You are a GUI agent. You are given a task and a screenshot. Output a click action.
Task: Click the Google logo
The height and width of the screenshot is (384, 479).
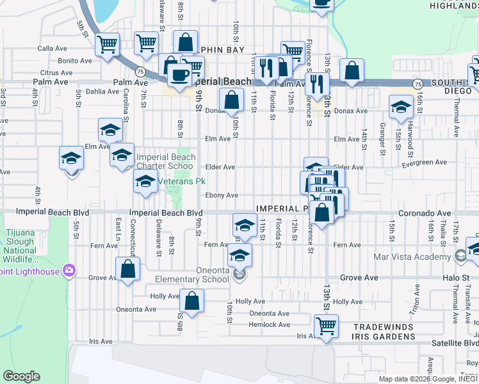(x=21, y=376)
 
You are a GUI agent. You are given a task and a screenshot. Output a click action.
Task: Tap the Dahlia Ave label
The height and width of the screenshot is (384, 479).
(x=102, y=92)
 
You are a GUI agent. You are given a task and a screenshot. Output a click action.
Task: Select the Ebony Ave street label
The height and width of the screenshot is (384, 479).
(x=222, y=195)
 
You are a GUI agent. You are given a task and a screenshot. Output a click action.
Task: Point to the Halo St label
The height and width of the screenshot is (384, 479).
(x=457, y=278)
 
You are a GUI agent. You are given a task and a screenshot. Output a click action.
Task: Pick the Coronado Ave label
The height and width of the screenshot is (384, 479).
(x=421, y=212)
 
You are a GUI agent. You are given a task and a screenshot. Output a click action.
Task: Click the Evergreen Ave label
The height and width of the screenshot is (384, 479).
(x=424, y=163)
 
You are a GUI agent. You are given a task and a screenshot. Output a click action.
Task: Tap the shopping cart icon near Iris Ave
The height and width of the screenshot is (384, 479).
(x=326, y=325)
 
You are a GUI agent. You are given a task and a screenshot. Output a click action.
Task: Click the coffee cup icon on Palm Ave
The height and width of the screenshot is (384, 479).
(x=179, y=74)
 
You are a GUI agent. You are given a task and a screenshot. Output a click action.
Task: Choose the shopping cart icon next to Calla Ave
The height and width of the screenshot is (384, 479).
(x=107, y=44)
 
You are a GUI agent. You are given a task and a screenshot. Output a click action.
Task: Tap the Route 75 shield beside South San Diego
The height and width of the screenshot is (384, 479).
(x=418, y=83)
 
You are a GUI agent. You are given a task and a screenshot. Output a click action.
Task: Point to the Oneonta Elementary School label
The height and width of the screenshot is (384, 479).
(x=192, y=275)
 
